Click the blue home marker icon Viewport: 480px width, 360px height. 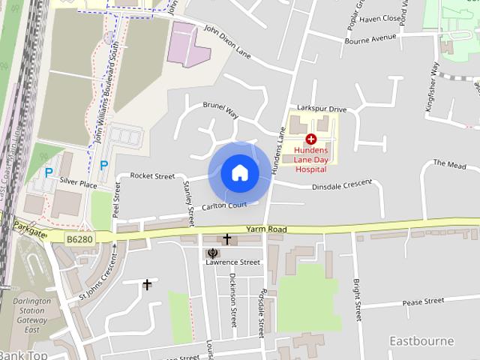(240, 173)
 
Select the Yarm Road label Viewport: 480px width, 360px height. (267, 229)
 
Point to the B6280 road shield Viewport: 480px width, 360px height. (79, 239)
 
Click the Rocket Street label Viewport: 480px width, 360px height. (152, 175)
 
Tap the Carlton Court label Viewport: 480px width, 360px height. (223, 205)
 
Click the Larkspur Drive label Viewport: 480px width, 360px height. (321, 109)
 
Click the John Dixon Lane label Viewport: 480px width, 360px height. (227, 40)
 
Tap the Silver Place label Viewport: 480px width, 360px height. (79, 183)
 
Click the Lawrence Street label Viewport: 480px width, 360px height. (233, 262)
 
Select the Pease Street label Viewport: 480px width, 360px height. (423, 301)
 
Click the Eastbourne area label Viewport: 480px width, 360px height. (421, 341)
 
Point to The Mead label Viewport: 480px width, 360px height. (449, 163)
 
